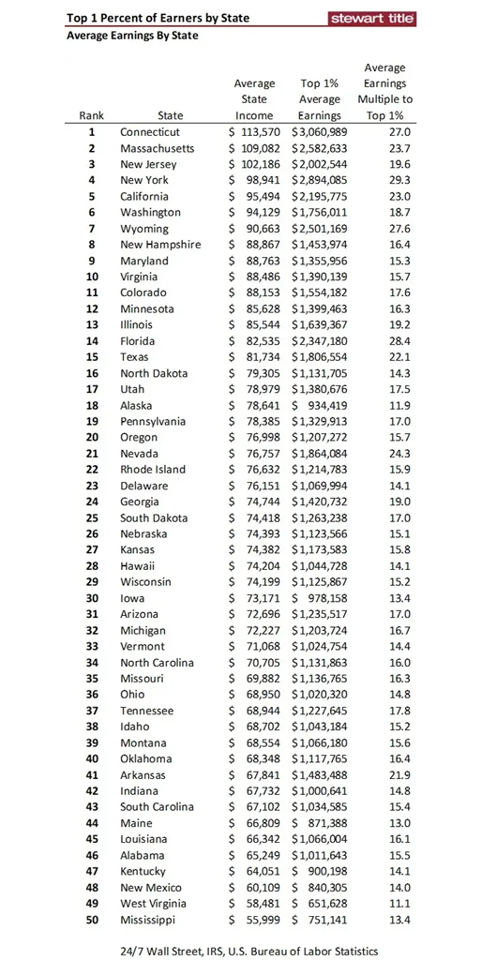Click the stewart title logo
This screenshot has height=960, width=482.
[372, 19]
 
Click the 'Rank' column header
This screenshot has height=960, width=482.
[92, 115]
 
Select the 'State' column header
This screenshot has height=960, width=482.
[171, 115]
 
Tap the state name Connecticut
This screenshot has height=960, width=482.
[150, 132]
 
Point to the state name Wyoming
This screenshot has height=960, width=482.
[144, 229]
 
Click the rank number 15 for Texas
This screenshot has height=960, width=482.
[92, 357]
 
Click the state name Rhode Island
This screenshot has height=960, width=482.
[153, 470]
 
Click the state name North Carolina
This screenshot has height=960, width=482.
[157, 663]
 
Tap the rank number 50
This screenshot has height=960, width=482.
[92, 920]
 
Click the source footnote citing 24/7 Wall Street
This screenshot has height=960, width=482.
[249, 950]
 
